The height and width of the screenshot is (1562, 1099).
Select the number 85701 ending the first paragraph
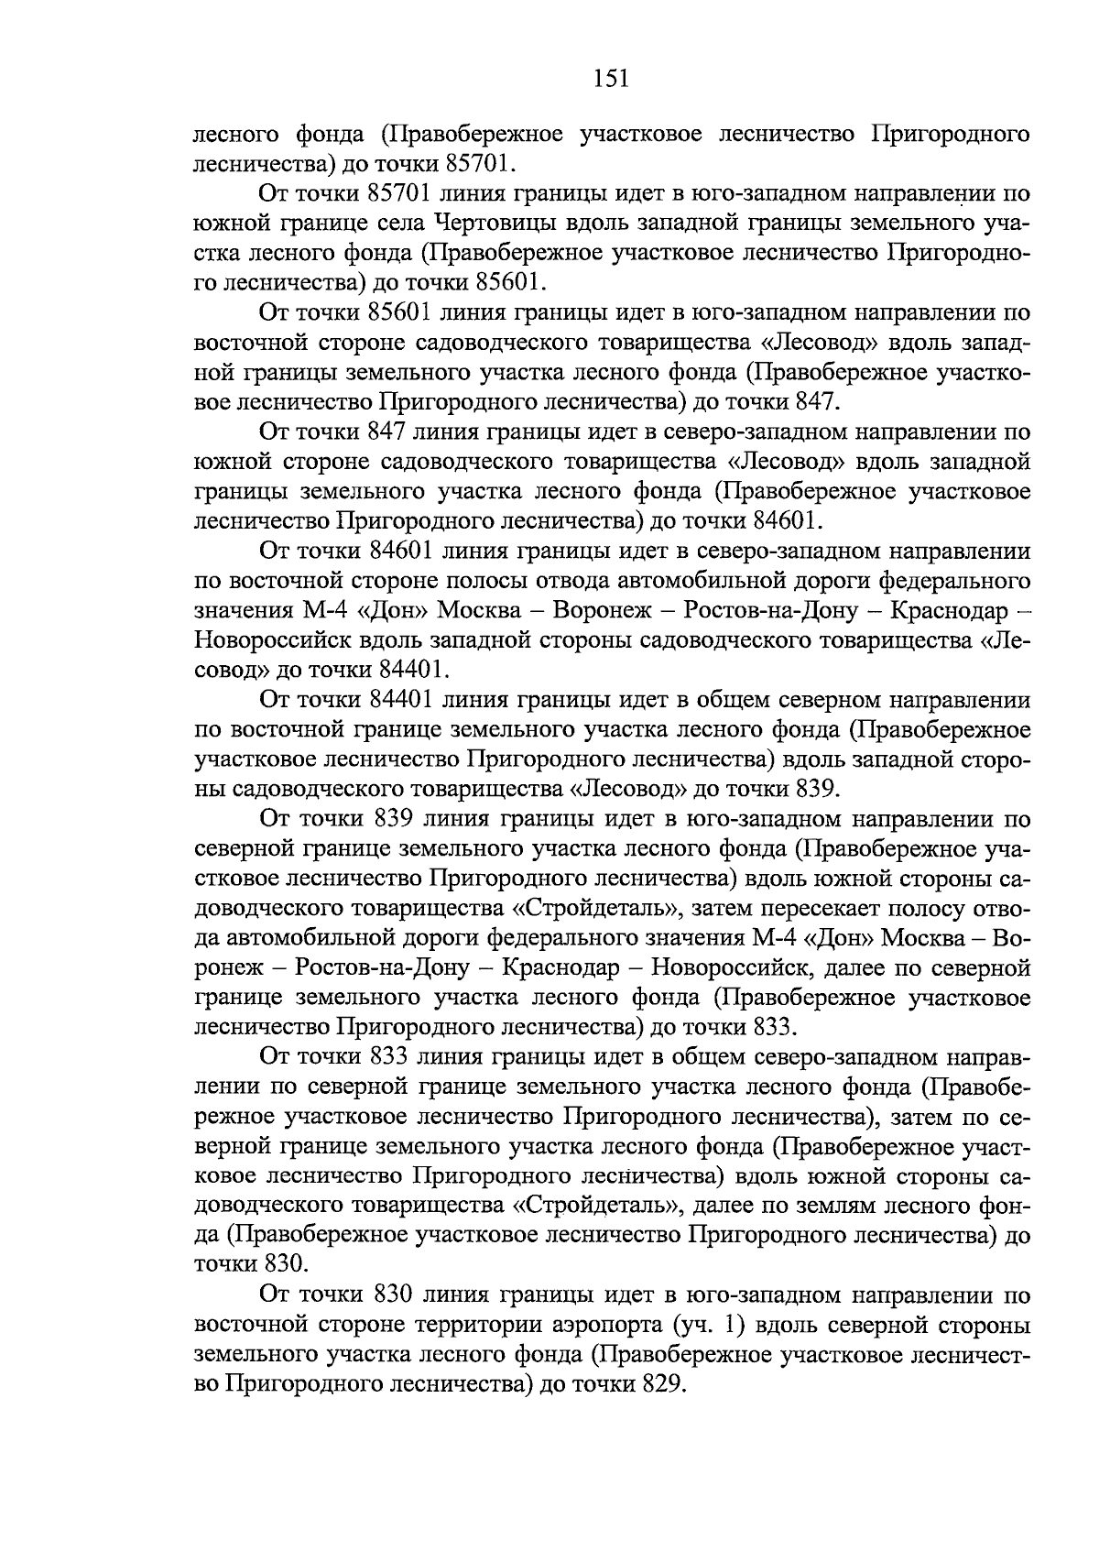(x=480, y=164)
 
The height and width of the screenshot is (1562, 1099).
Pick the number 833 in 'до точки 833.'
(x=776, y=1026)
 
